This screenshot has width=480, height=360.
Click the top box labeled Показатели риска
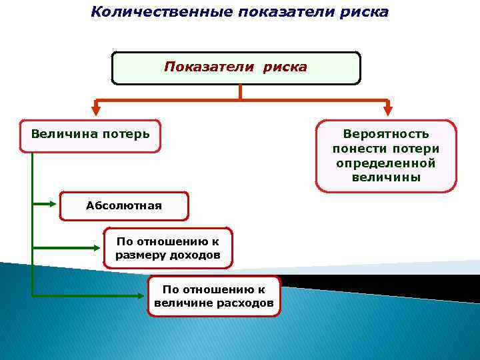pos(236,68)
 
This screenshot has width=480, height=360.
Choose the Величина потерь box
pos(90,136)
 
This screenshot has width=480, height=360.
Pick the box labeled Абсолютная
pos(124,206)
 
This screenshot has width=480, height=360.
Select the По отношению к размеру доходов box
pos(168,248)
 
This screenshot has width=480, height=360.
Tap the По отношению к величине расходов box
pos(214,297)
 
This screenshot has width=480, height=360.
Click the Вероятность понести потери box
pos(386,156)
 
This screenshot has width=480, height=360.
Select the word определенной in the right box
pos(386,163)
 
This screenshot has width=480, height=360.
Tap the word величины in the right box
pos(386,177)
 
